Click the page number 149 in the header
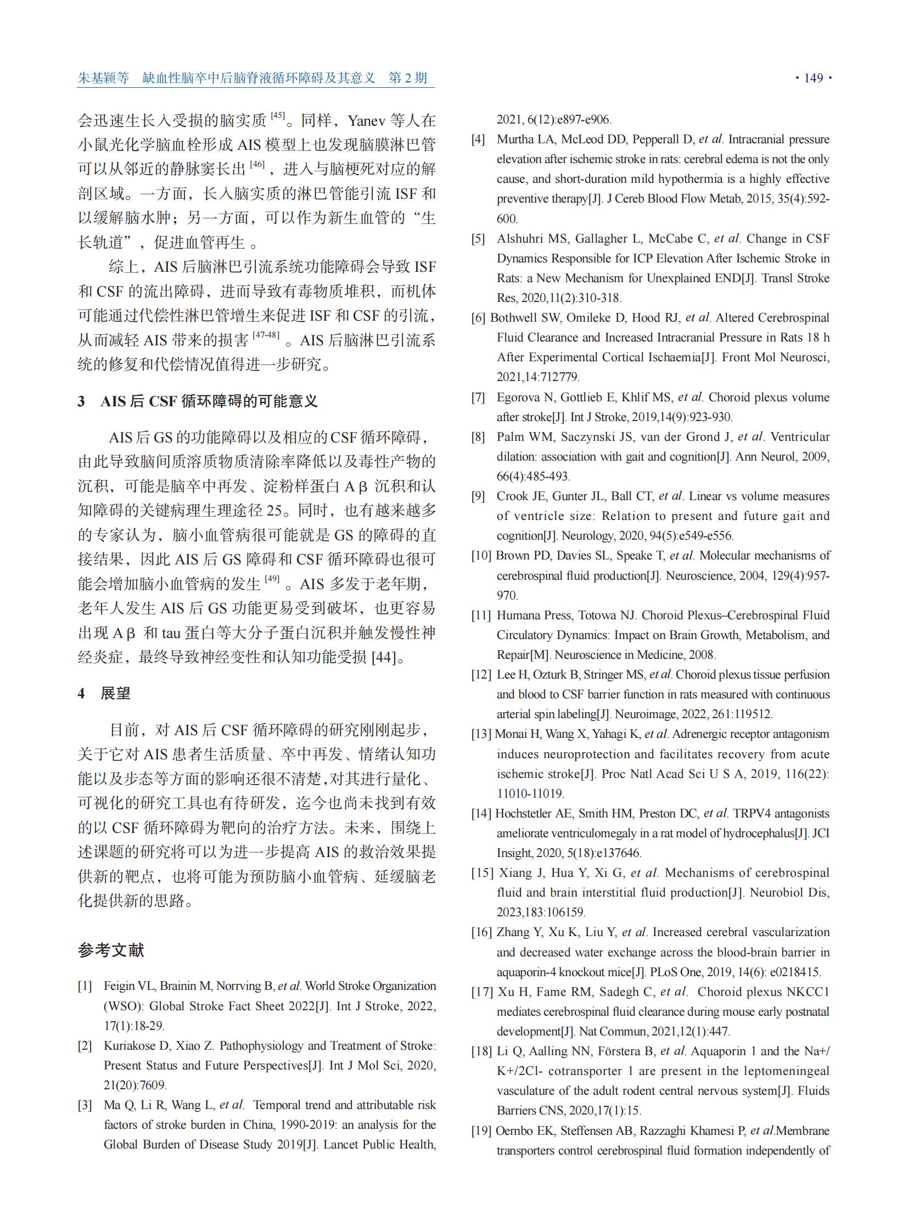pos(813,78)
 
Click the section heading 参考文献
pos(110,950)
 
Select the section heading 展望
pos(115,693)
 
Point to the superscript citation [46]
pos(257,164)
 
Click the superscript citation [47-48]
pos(266,335)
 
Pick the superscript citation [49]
pos(272,579)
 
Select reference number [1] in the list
pos(85,986)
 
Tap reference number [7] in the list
pos(478,397)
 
